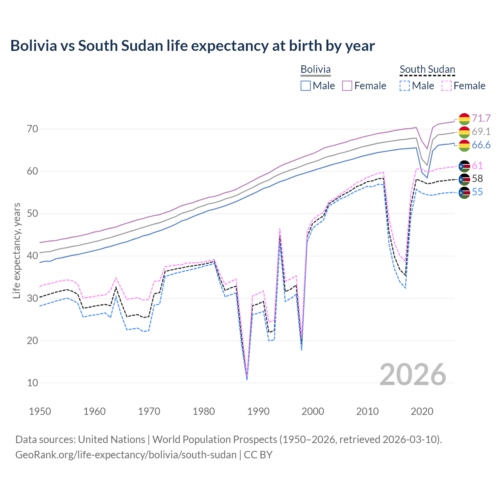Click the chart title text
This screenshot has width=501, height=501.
(192, 46)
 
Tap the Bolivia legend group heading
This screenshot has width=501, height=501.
(315, 69)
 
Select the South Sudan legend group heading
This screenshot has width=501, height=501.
(427, 69)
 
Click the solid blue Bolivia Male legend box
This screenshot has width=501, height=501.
(306, 86)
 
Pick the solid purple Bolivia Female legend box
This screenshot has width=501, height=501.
(348, 86)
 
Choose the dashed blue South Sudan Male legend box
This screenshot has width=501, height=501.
(405, 86)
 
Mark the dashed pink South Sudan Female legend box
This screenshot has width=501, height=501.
(447, 86)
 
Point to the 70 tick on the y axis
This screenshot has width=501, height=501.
(32, 129)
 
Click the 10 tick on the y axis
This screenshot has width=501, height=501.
(32, 383)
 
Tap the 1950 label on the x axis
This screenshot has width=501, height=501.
(40, 411)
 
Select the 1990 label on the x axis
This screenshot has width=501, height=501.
(258, 411)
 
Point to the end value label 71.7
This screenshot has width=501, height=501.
(481, 118)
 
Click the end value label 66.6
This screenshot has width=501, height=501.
(481, 145)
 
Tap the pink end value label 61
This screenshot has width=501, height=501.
(477, 166)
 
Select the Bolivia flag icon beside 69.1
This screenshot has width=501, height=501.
(464, 132)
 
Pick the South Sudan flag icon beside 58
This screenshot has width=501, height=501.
(464, 179)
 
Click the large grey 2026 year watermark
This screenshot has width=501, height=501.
(413, 375)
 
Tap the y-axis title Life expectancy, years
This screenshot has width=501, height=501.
(16, 250)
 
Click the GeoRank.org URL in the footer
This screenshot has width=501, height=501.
(126, 455)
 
